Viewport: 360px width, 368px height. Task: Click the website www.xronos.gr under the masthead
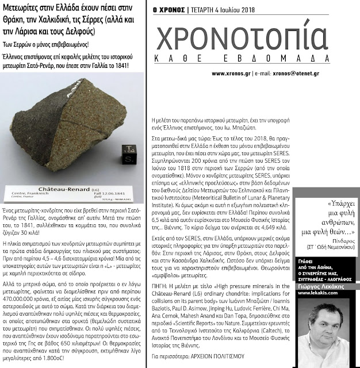pos(231,74)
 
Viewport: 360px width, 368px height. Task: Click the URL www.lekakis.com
pos(317,293)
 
